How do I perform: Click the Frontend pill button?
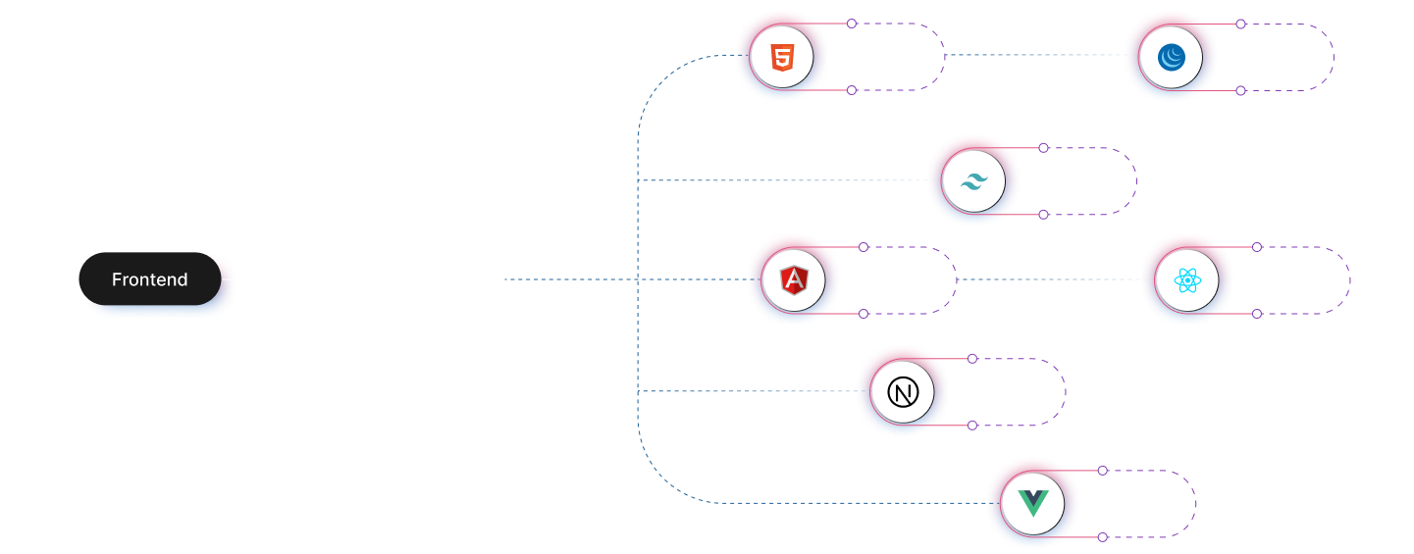[150, 279]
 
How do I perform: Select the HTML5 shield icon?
[782, 58]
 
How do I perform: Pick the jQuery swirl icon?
[1171, 58]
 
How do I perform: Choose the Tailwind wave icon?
[973, 182]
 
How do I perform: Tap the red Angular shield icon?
[794, 281]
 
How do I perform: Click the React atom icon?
[1187, 281]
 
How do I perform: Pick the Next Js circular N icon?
[903, 392]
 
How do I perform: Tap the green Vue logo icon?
[1033, 504]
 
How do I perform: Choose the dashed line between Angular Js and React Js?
[1048, 279]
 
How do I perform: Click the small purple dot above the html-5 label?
[852, 24]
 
